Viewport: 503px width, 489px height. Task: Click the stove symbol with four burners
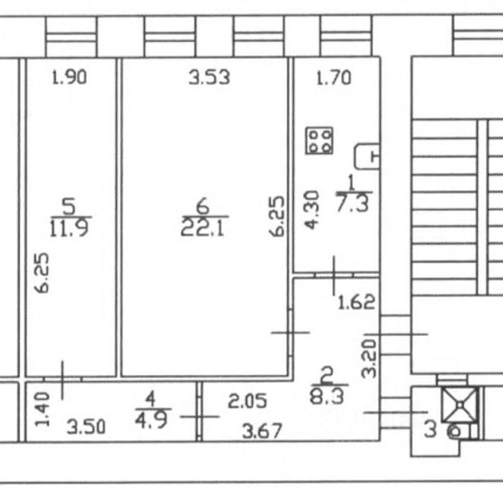[x=320, y=141]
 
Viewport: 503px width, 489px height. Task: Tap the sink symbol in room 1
[x=368, y=156]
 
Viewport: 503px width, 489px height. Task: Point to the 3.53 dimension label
[x=210, y=78]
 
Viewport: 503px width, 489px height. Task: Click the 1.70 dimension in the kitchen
[x=333, y=78]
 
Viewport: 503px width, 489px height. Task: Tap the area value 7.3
[x=354, y=204]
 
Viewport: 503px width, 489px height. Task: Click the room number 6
[x=202, y=205]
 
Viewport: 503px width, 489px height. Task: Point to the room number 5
[x=69, y=205]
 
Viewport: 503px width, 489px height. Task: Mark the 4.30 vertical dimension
[x=313, y=210]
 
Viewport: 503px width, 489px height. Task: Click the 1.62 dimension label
[x=356, y=303]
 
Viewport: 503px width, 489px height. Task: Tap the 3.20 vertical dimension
[x=370, y=357]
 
